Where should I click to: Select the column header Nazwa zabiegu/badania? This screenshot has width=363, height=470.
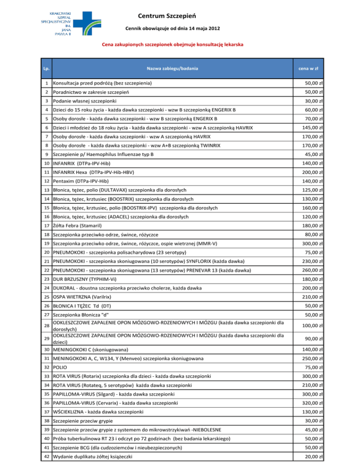tap(172, 69)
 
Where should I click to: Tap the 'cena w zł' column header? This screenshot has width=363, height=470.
tap(308, 69)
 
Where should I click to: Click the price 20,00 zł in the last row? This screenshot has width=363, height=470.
tap(313, 456)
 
